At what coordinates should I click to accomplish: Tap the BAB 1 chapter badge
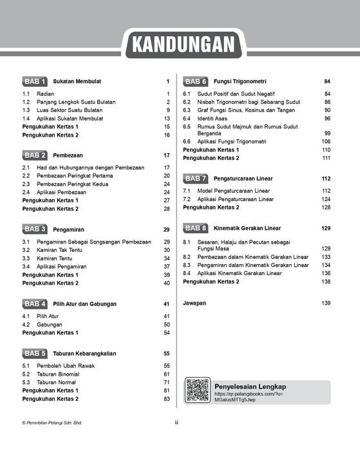(x=35, y=82)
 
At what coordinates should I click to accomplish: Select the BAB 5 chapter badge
(x=35, y=354)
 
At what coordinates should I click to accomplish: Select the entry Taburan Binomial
(x=60, y=374)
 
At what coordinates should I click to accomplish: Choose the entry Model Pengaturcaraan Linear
(x=236, y=191)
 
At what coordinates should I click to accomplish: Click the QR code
(x=198, y=390)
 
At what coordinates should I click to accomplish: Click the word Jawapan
(x=194, y=303)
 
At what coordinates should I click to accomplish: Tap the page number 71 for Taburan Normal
(x=166, y=383)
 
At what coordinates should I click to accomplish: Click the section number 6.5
(x=187, y=127)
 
